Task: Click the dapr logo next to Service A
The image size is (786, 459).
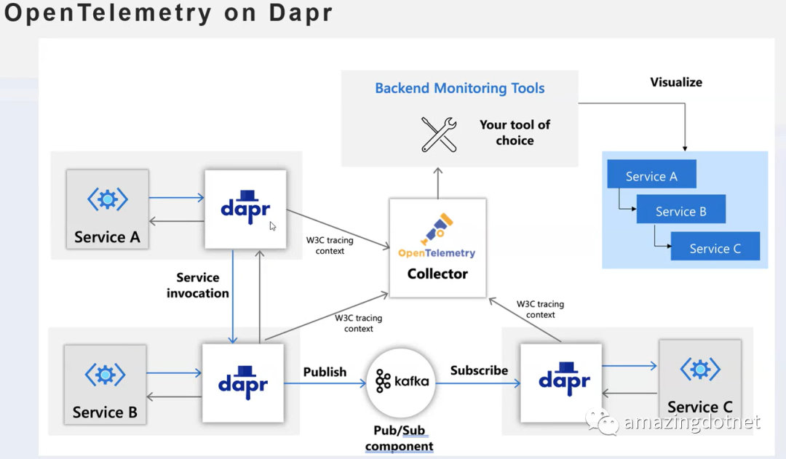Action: click(x=245, y=207)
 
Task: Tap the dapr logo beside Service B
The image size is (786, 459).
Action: click(x=242, y=383)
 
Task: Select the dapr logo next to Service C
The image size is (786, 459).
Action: click(x=564, y=379)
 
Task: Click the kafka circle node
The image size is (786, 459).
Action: click(x=400, y=383)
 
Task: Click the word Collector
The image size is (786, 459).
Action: click(x=437, y=274)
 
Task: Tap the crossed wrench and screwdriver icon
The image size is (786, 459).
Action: click(x=439, y=135)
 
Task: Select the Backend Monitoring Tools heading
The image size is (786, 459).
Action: click(x=460, y=88)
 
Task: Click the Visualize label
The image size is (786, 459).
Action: click(x=676, y=82)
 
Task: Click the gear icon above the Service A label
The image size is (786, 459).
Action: click(x=107, y=199)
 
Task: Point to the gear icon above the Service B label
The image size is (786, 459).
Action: click(x=106, y=375)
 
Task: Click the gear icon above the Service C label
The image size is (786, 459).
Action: click(x=700, y=370)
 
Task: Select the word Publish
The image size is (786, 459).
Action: click(x=325, y=372)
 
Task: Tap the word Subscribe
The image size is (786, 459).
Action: click(x=479, y=370)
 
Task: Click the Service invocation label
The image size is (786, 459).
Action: click(x=197, y=285)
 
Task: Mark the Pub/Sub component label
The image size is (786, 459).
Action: click(x=399, y=438)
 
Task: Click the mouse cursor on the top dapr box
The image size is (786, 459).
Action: click(x=272, y=226)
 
